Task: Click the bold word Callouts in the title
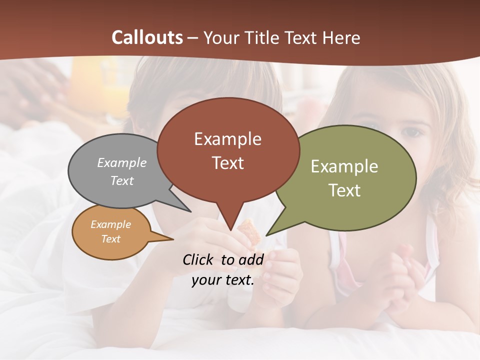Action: pyautogui.click(x=147, y=37)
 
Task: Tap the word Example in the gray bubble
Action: pyautogui.click(x=122, y=162)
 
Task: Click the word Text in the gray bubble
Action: pyautogui.click(x=122, y=180)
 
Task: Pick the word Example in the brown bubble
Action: pyautogui.click(x=227, y=138)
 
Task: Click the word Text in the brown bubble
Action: pyautogui.click(x=228, y=163)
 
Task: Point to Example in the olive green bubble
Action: pyautogui.click(x=344, y=166)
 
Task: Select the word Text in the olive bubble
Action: pyautogui.click(x=344, y=190)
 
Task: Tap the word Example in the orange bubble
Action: pyautogui.click(x=110, y=224)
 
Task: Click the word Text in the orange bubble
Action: pyautogui.click(x=110, y=239)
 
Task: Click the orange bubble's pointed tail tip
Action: pyautogui.click(x=173, y=239)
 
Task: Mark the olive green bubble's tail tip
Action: pyautogui.click(x=266, y=235)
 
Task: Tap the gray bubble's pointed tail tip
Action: pyautogui.click(x=190, y=211)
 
